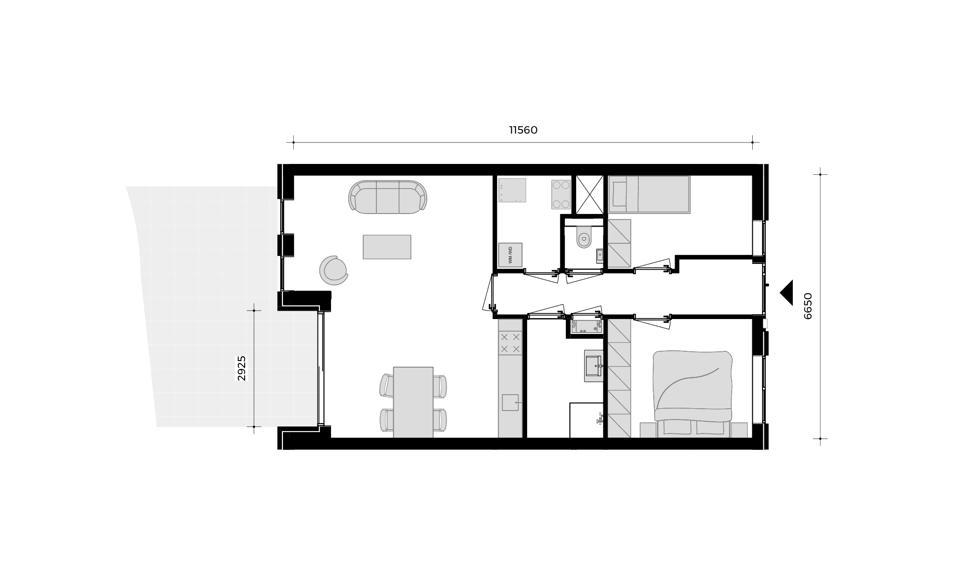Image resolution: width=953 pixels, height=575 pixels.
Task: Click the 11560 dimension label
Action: click(523, 130)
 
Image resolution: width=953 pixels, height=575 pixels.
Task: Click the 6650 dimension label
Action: click(808, 306)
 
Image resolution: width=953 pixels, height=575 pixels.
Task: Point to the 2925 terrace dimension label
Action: click(241, 369)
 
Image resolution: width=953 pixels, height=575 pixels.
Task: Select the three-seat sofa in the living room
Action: click(388, 197)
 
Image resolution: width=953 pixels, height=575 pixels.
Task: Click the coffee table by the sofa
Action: click(387, 247)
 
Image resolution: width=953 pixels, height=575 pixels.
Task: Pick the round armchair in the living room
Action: click(334, 270)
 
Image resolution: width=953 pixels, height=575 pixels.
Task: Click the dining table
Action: click(413, 402)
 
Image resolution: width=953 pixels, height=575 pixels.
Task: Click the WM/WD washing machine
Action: click(510, 255)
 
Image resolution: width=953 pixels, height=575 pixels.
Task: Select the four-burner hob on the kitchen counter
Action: click(510, 343)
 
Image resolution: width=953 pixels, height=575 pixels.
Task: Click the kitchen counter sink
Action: click(510, 402)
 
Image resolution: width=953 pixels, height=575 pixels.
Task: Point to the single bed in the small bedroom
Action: click(649, 195)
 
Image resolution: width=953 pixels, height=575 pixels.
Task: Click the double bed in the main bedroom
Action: click(693, 394)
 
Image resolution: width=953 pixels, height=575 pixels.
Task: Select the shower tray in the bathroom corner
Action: click(587, 420)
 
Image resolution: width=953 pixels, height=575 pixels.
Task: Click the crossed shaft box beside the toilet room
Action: click(589, 195)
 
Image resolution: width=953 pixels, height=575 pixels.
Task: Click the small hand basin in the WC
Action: click(600, 256)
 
